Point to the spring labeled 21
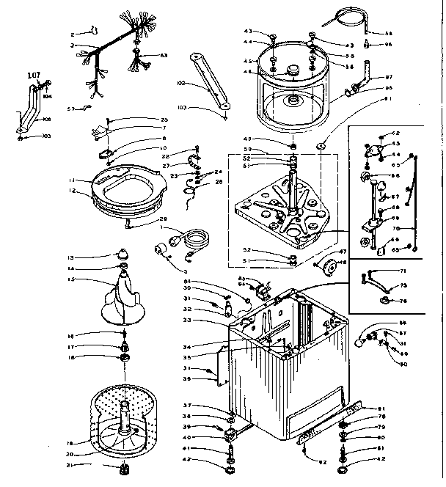122,469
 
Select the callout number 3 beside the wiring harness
73,45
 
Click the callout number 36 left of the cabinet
187,378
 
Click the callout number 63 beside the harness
163,55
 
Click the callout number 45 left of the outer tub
248,61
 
